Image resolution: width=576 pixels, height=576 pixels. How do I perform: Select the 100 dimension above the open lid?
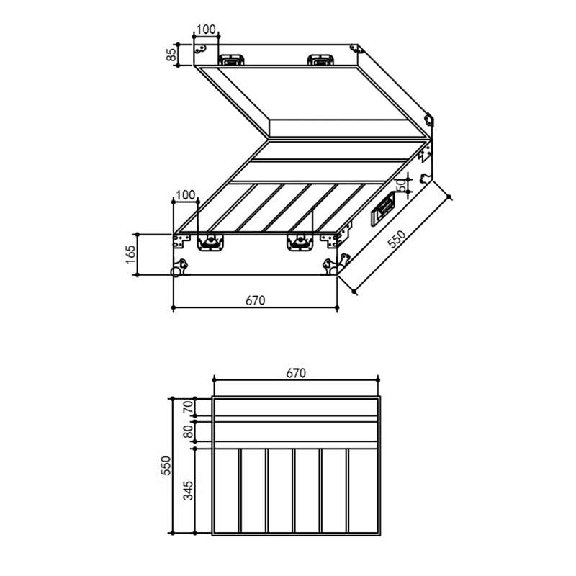[206, 30]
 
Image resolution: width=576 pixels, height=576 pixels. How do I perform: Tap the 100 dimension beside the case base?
[185, 195]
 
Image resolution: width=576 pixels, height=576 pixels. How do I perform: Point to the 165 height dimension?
[130, 254]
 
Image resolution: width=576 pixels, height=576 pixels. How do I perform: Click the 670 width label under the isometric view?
[256, 300]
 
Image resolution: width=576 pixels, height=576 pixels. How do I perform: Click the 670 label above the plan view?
[296, 373]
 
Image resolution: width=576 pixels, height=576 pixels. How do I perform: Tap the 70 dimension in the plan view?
[189, 407]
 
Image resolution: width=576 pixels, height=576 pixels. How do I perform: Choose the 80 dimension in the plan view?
[189, 432]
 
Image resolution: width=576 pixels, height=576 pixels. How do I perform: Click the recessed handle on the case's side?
[382, 210]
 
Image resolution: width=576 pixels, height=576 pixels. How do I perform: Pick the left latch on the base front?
[210, 243]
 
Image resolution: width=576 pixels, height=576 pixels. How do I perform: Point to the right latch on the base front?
[297, 243]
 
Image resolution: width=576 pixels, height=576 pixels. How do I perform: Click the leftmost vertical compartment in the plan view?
[226, 491]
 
